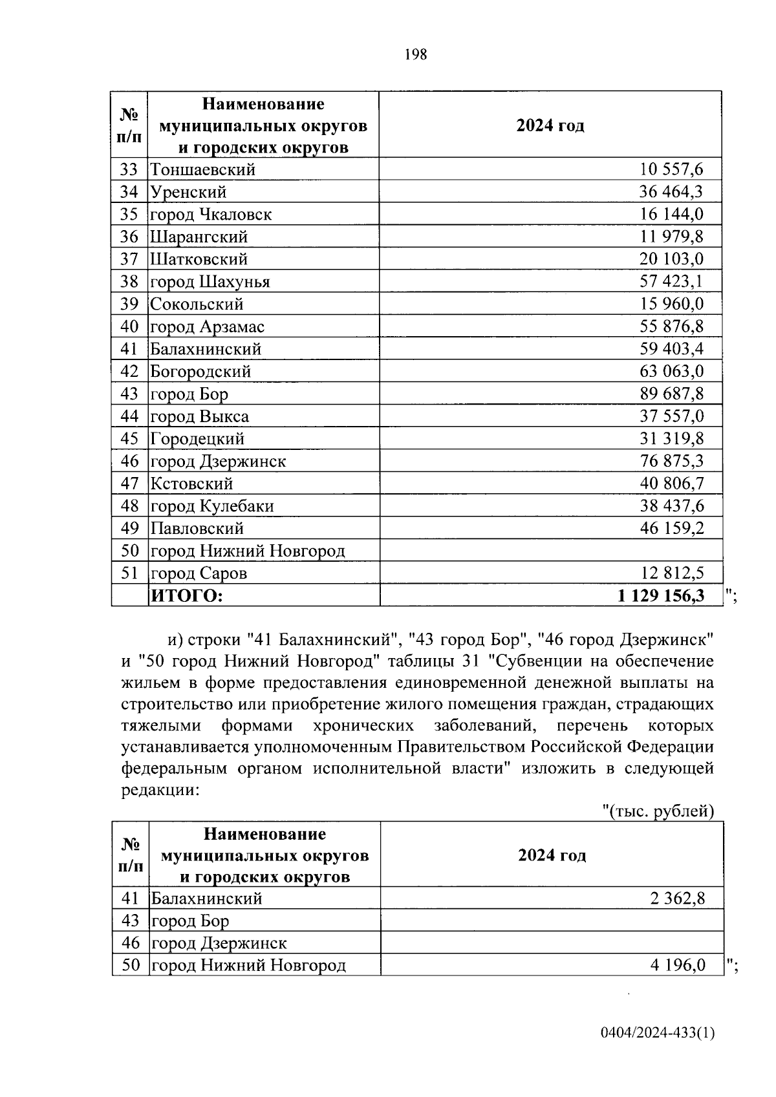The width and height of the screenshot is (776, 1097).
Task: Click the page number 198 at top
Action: point(416,55)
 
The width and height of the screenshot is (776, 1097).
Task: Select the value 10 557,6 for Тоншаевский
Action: point(671,170)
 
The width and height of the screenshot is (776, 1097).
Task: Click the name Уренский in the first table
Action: point(188,192)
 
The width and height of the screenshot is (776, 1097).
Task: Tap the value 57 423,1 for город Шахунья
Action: point(671,282)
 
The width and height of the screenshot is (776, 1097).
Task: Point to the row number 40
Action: point(129,326)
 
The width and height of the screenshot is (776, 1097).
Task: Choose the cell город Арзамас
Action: point(207,326)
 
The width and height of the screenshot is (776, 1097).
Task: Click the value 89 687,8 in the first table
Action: point(671,394)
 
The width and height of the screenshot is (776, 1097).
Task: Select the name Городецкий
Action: point(197,439)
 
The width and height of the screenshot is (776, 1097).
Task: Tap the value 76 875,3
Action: point(671,461)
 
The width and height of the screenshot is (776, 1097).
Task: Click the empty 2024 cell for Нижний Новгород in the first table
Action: point(550,551)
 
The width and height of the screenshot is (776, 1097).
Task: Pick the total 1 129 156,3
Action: point(661,595)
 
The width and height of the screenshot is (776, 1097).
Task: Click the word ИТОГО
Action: point(186,595)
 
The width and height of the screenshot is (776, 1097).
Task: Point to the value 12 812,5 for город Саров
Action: point(671,573)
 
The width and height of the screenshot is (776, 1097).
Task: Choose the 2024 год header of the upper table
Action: point(550,125)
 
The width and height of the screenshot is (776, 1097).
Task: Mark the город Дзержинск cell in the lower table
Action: point(219,943)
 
